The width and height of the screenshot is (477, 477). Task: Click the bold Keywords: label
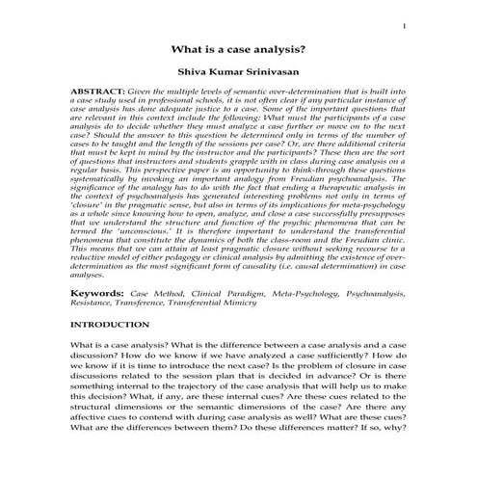point(95,290)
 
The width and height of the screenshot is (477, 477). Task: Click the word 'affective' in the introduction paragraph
point(93,434)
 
